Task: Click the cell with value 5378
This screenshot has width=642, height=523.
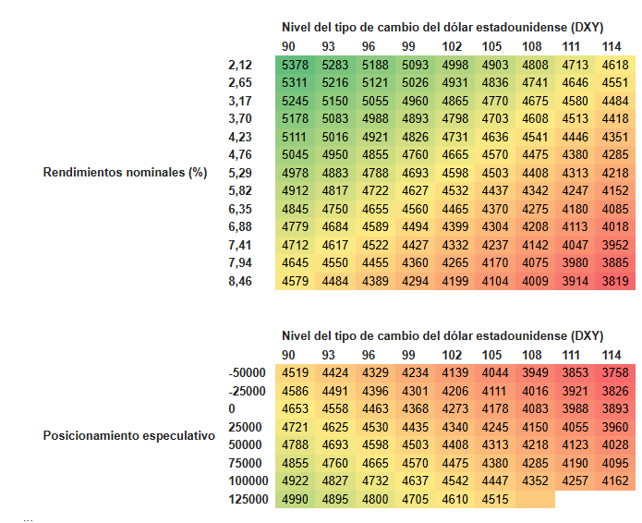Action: (x=295, y=65)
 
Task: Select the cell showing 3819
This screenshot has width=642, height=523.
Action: (x=615, y=281)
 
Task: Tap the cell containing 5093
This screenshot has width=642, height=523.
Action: (x=415, y=65)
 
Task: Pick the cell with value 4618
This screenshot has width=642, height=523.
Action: (x=615, y=65)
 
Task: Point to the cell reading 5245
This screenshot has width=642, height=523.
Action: (x=295, y=101)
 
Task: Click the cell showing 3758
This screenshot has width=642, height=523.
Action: (x=615, y=372)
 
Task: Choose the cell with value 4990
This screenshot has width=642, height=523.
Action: (x=295, y=499)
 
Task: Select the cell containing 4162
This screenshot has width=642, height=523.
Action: (x=615, y=480)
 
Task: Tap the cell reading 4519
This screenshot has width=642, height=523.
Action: (x=295, y=372)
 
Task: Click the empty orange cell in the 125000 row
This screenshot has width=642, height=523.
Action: (x=535, y=499)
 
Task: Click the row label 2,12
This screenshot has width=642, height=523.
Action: (x=240, y=65)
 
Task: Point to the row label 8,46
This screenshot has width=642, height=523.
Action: (x=240, y=281)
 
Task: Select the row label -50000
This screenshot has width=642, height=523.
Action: (x=248, y=372)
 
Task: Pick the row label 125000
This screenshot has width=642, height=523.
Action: (x=248, y=499)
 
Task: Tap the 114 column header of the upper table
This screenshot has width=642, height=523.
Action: (x=612, y=47)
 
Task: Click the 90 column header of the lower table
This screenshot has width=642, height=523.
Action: (x=288, y=355)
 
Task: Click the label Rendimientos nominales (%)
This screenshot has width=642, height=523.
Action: (x=125, y=173)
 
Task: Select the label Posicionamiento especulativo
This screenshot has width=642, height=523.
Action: (x=129, y=435)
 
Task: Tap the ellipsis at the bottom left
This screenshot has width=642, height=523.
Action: (x=28, y=520)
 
